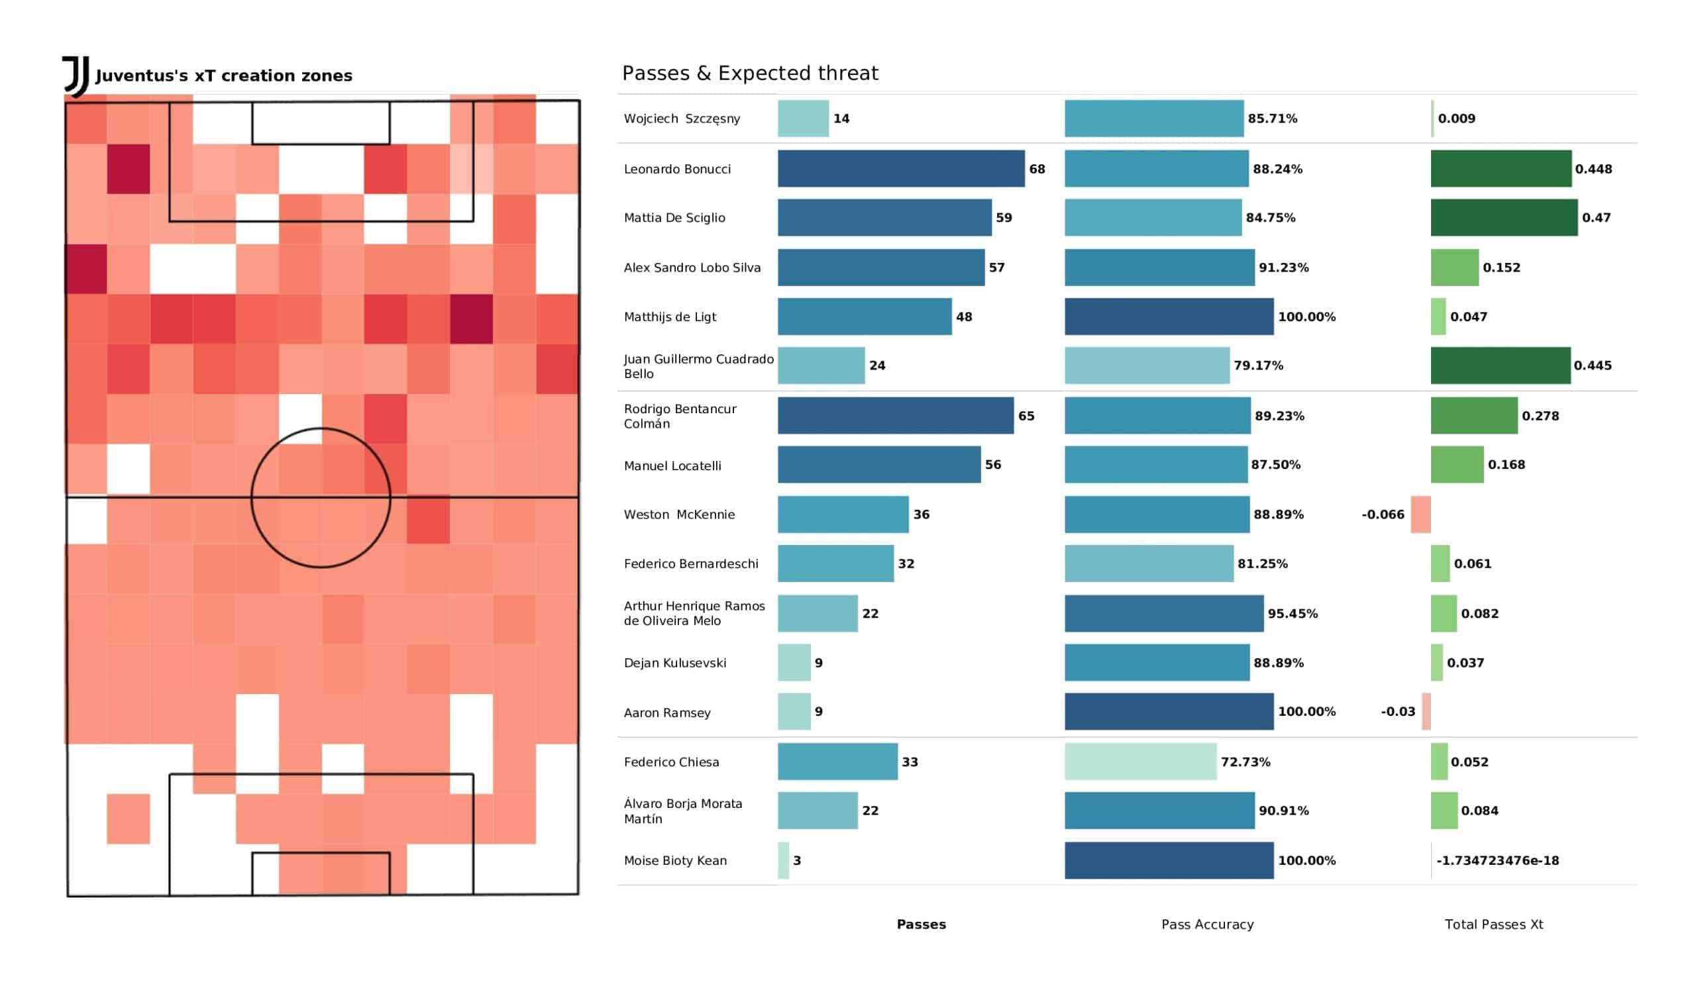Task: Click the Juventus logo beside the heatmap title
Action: click(x=76, y=76)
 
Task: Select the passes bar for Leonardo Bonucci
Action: click(x=900, y=169)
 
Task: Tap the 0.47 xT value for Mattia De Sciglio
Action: click(x=1596, y=218)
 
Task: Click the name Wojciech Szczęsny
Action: click(x=681, y=119)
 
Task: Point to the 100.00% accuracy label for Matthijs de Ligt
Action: click(x=1306, y=317)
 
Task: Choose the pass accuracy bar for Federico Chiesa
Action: click(x=1140, y=762)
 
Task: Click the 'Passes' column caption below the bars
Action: click(x=921, y=924)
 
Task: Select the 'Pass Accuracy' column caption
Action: click(x=1206, y=924)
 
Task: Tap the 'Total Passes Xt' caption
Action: click(x=1493, y=924)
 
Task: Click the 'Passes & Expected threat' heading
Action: click(x=750, y=74)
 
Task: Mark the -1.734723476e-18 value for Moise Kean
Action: click(x=1497, y=861)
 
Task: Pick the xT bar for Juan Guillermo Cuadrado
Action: click(x=1500, y=366)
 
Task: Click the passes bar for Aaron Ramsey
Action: click(x=794, y=712)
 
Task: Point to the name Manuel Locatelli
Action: click(x=672, y=466)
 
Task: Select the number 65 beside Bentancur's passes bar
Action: click(x=1026, y=416)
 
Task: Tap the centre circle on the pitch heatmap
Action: click(x=321, y=498)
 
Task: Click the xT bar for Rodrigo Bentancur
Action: click(x=1474, y=416)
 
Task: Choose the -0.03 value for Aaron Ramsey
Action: click(x=1397, y=712)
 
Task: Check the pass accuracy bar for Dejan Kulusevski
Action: click(x=1156, y=663)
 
